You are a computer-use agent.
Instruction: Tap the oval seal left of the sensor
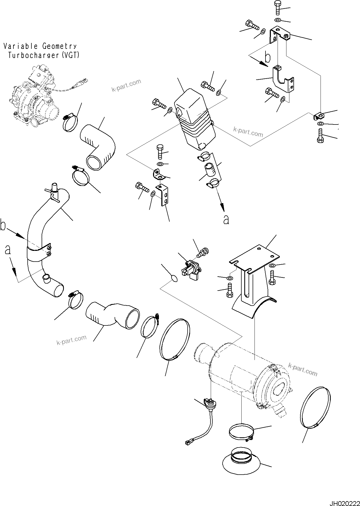coord(174,279)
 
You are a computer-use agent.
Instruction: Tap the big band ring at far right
coord(315,410)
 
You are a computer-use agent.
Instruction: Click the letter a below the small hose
coord(226,220)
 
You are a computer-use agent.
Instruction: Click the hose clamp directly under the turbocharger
coord(71,123)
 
